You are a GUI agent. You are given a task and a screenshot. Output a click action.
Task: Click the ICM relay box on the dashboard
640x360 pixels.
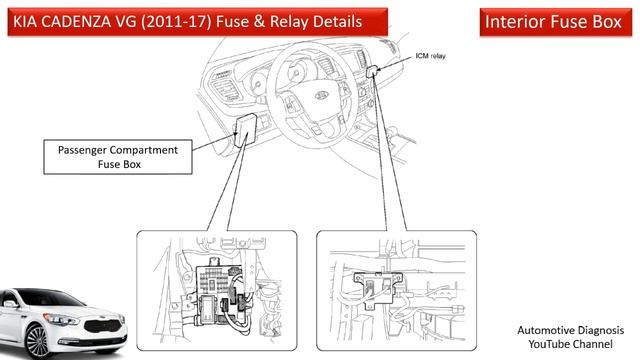point(373,71)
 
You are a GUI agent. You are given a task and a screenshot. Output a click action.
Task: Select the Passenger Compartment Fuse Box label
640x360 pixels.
point(118,157)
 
